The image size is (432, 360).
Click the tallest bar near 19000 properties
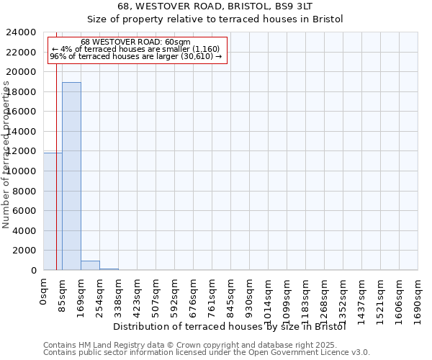point(71,176)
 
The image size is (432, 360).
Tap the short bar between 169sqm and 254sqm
point(90,266)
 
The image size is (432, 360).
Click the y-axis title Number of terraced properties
point(6,155)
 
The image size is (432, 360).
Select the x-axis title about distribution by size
point(230,327)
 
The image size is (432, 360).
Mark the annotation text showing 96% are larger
point(135,56)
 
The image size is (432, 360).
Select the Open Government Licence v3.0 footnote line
point(207,353)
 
